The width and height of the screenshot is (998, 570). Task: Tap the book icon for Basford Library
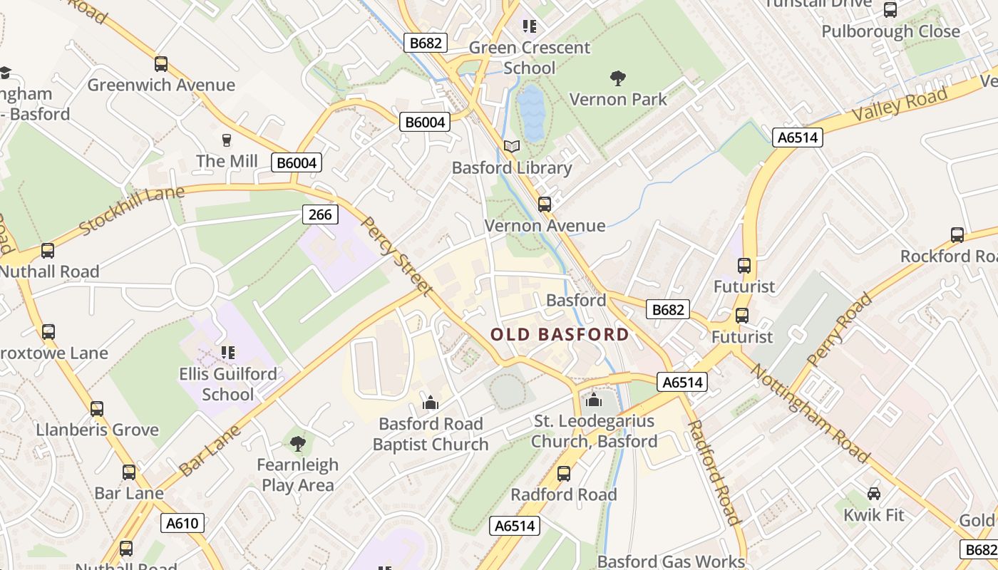(x=512, y=147)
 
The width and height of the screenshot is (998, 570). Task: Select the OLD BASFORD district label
(x=560, y=334)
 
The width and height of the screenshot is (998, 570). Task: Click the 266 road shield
(x=319, y=214)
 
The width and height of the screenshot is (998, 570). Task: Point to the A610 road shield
(x=182, y=523)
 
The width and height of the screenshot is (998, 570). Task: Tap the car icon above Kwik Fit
(x=873, y=493)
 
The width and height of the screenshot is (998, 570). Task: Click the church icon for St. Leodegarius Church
(x=594, y=400)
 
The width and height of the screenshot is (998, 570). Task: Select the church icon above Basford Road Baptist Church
(x=430, y=403)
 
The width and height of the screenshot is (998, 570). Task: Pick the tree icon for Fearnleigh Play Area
(x=298, y=444)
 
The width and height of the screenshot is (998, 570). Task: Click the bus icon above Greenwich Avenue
(x=161, y=64)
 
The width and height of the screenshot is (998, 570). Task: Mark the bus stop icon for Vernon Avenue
(x=545, y=204)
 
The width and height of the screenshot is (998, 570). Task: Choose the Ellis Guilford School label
(x=227, y=384)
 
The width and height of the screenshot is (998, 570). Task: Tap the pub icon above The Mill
(x=227, y=140)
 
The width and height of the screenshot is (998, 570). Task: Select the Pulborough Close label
(x=890, y=31)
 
